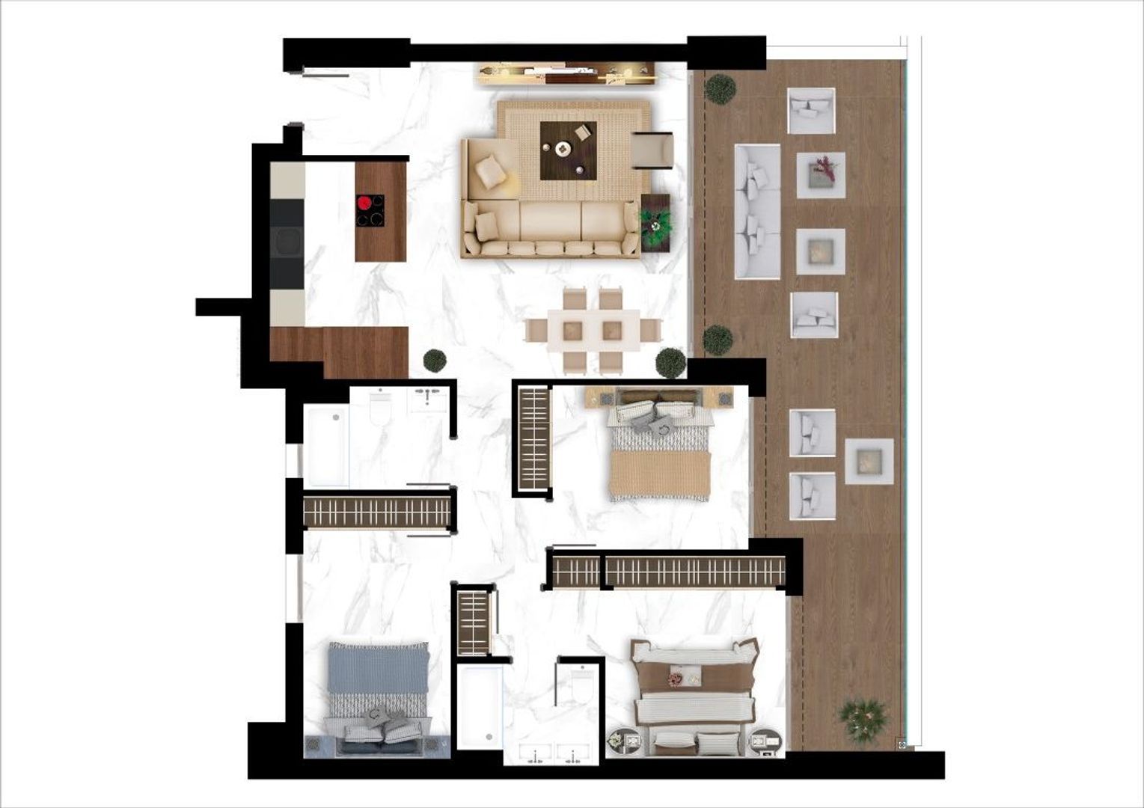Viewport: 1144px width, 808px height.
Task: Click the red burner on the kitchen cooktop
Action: point(364,202)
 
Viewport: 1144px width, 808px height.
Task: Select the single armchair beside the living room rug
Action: point(652,150)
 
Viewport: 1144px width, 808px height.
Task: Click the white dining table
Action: point(593,330)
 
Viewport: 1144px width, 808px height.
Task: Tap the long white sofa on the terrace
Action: point(757,212)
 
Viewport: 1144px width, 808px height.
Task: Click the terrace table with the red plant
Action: point(821,174)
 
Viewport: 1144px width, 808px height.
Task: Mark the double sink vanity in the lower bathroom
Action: point(554,754)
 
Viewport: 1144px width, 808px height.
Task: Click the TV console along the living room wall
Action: point(566,73)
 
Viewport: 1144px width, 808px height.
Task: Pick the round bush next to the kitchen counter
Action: point(435,360)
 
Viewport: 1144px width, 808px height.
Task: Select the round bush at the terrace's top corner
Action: point(720,88)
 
